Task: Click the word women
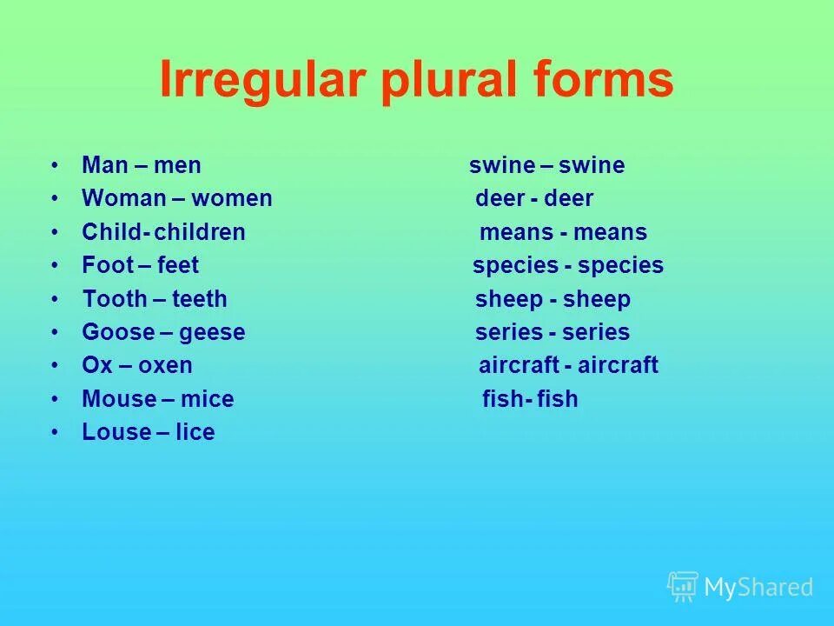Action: (232, 198)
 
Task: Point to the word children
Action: (200, 232)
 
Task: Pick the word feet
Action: (178, 265)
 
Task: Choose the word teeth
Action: (200, 299)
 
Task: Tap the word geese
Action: (213, 333)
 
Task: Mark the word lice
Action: (195, 432)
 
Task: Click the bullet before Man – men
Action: (55, 165)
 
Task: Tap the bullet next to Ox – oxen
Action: (55, 365)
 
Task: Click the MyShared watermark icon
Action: (682, 587)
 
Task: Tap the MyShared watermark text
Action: (758, 588)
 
